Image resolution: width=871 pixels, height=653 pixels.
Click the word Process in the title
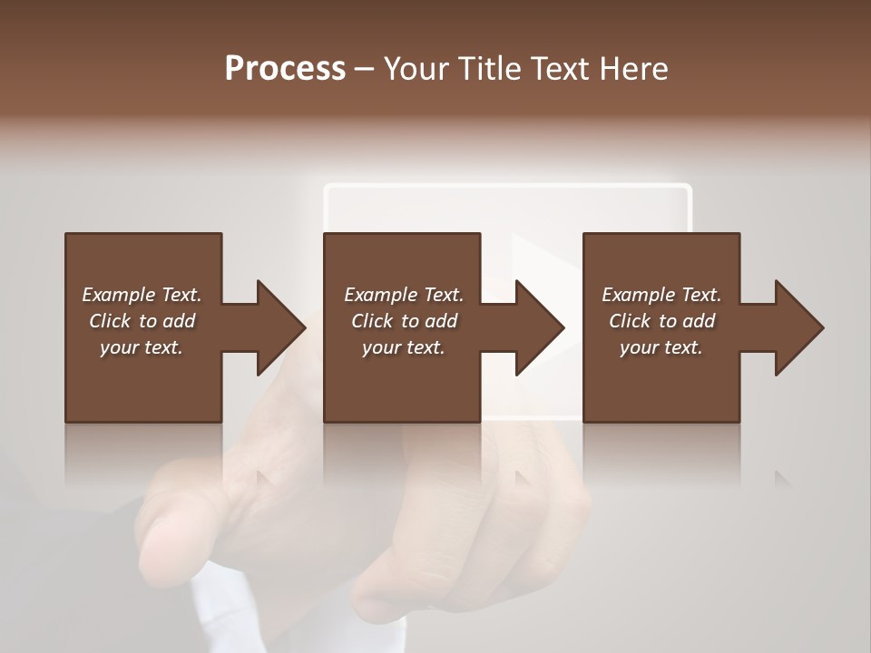pyautogui.click(x=285, y=69)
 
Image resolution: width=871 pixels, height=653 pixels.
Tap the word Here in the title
pyautogui.click(x=631, y=69)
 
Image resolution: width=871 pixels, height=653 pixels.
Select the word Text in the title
pyautogui.click(x=558, y=69)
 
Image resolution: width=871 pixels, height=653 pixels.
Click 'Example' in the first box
pyautogui.click(x=117, y=295)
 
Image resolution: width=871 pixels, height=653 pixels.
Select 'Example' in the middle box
pyautogui.click(x=379, y=295)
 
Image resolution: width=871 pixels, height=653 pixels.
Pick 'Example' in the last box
pyautogui.click(x=637, y=295)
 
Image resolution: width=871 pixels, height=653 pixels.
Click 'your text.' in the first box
pyautogui.click(x=142, y=347)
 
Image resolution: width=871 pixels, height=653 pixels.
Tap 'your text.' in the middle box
pyautogui.click(x=404, y=347)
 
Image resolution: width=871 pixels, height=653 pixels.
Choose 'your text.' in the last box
pyautogui.click(x=661, y=347)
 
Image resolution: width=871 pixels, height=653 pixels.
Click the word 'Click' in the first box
pyautogui.click(x=110, y=321)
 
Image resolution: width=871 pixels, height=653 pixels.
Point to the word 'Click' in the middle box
pyautogui.click(x=372, y=321)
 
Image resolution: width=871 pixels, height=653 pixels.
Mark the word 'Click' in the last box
pyautogui.click(x=630, y=321)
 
